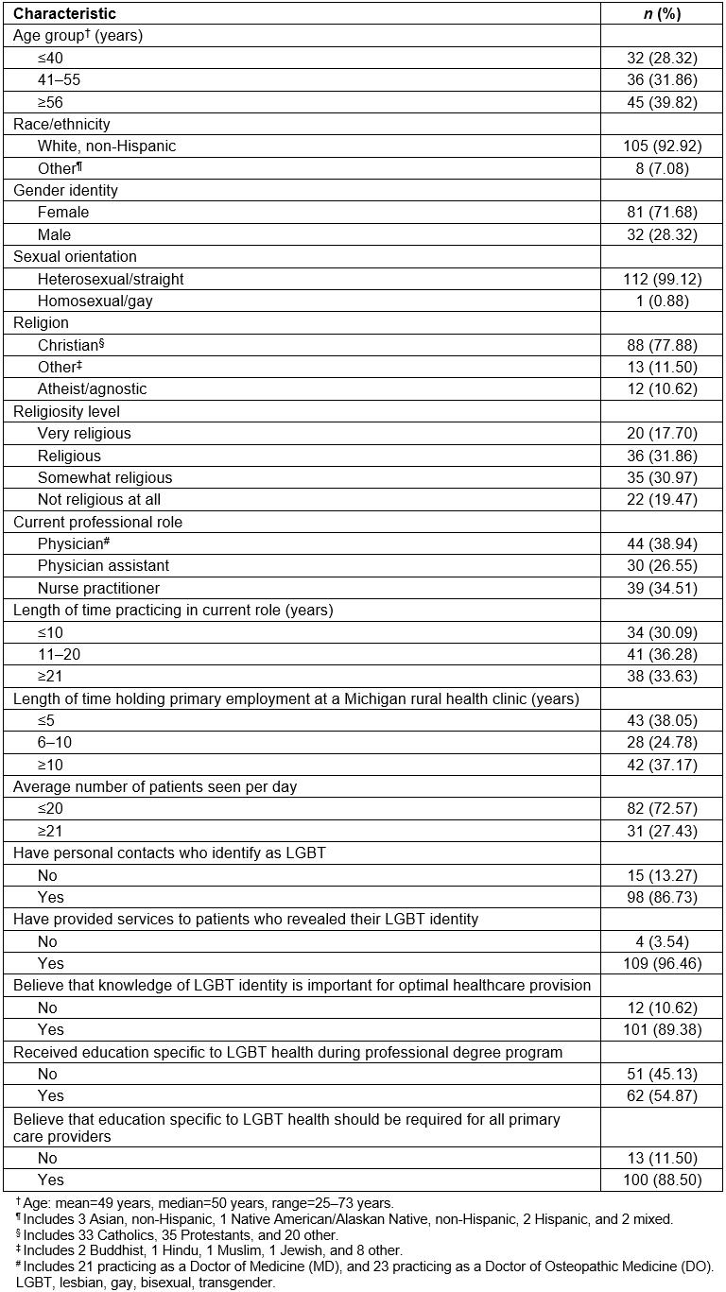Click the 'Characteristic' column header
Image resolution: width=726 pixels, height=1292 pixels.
click(x=64, y=13)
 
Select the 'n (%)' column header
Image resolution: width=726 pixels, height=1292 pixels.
click(x=662, y=13)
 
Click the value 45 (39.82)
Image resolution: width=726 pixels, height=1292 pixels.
click(x=662, y=102)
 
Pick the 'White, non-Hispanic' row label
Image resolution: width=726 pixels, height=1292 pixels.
click(x=107, y=146)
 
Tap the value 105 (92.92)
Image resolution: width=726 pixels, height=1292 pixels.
click(x=662, y=146)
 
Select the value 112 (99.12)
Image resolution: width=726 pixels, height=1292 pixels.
click(x=662, y=279)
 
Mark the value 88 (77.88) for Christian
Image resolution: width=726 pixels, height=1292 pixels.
click(x=662, y=345)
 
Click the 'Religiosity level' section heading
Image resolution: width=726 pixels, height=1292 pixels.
click(x=66, y=411)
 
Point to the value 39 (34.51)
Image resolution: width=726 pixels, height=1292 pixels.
click(x=662, y=588)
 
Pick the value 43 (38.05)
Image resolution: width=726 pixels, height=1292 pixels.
click(x=662, y=720)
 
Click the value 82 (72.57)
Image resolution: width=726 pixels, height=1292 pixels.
click(x=662, y=809)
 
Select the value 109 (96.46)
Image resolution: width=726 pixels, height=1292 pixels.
click(x=662, y=963)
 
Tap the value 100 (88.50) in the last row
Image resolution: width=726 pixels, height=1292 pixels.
click(x=662, y=1180)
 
